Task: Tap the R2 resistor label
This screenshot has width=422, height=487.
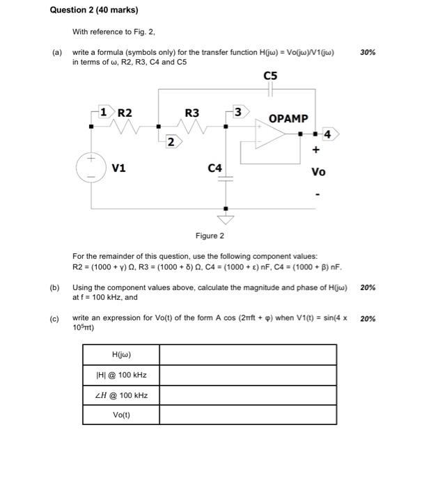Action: tap(125, 112)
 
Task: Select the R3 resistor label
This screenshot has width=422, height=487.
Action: tap(192, 112)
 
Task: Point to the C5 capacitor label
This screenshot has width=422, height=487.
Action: tap(271, 76)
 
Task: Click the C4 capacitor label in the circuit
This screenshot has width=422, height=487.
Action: tap(215, 168)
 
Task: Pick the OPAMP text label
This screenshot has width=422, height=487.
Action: tap(288, 118)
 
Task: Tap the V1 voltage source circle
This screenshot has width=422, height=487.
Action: tap(92, 168)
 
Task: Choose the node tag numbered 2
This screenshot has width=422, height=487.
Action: tap(171, 142)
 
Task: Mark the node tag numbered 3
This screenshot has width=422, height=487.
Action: tap(238, 111)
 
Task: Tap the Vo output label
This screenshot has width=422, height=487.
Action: tap(318, 171)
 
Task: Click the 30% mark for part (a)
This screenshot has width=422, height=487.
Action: tap(368, 52)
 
